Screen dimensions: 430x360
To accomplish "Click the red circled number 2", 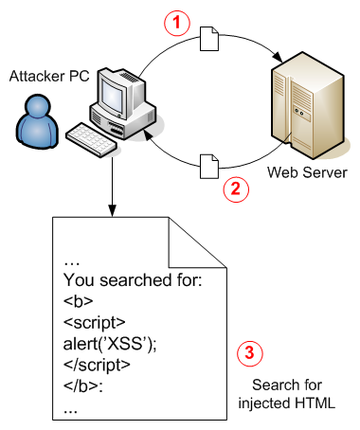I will (234, 188).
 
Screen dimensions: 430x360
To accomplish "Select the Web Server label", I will (302, 172).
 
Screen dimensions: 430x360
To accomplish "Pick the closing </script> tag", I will (99, 366).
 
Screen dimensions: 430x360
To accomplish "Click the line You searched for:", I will (126, 280).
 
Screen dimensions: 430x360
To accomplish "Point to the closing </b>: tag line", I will (81, 387).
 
